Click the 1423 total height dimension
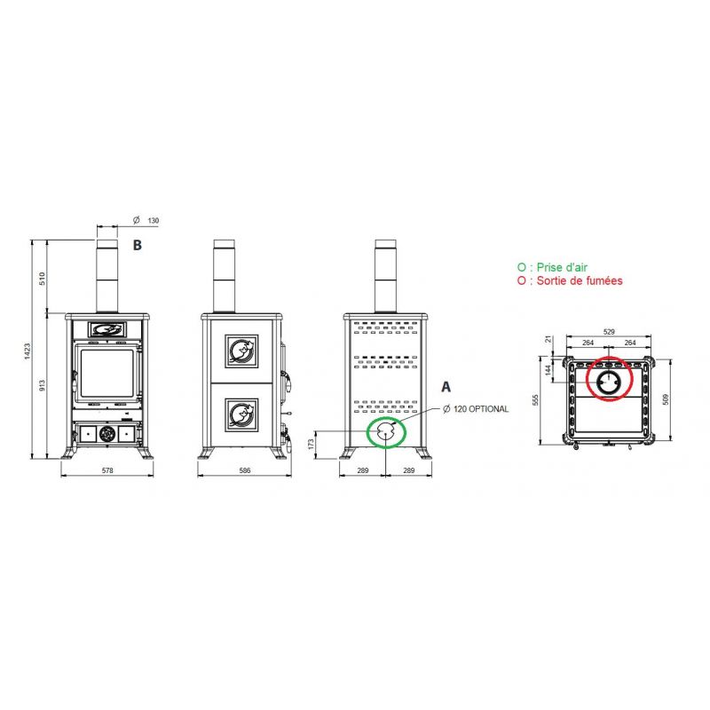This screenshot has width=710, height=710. pyautogui.click(x=28, y=351)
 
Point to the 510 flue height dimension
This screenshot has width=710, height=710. pyautogui.click(x=42, y=278)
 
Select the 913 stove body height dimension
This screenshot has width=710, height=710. pyautogui.click(x=42, y=385)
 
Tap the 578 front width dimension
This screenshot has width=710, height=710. pyautogui.click(x=107, y=470)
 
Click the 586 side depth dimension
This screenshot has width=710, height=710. pyautogui.click(x=245, y=470)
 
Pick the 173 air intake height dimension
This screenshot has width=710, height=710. pyautogui.click(x=311, y=444)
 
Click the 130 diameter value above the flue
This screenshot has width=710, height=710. pyautogui.click(x=153, y=220)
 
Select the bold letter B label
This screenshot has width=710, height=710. pyautogui.click(x=138, y=245)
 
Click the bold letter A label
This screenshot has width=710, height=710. pyautogui.click(x=446, y=387)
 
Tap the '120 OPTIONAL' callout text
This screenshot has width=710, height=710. pyautogui.click(x=481, y=409)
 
